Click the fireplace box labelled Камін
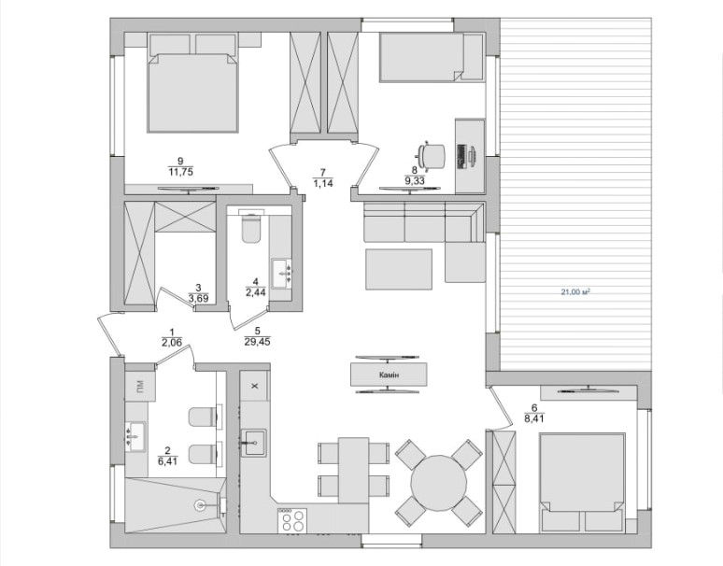pyautogui.click(x=389, y=375)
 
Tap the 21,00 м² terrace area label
pyautogui.click(x=576, y=291)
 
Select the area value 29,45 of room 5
pyautogui.click(x=257, y=342)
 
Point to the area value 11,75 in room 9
pyautogui.click(x=180, y=172)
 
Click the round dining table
pyautogui.click(x=439, y=483)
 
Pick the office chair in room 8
pyautogui.click(x=432, y=156)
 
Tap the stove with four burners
pyautogui.click(x=292, y=521)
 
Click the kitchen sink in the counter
pyautogui.click(x=253, y=443)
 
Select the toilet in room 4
pyautogui.click(x=251, y=227)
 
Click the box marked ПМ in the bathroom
pyautogui.click(x=139, y=386)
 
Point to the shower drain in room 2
pyautogui.click(x=201, y=504)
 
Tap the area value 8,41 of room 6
pyautogui.click(x=534, y=418)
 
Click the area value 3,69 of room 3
pyautogui.click(x=198, y=298)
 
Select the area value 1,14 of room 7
pyautogui.click(x=323, y=183)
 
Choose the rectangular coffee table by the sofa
pyautogui.click(x=399, y=269)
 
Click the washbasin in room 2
pyautogui.click(x=135, y=436)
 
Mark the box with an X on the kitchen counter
pyautogui.click(x=254, y=386)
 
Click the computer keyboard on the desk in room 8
pyautogui.click(x=461, y=156)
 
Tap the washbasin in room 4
pyautogui.click(x=282, y=274)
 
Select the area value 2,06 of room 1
pyautogui.click(x=172, y=342)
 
